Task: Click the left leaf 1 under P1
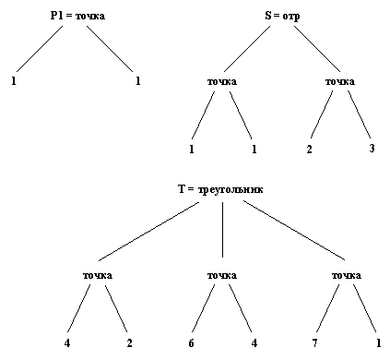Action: click(15, 82)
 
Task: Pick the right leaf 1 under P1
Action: click(137, 82)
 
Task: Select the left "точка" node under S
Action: click(222, 82)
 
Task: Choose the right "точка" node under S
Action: click(340, 82)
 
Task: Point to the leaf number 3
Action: click(370, 148)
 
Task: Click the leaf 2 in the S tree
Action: click(310, 148)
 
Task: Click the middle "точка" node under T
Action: click(222, 276)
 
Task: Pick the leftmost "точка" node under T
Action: click(97, 276)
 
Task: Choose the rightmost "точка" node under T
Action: click(345, 276)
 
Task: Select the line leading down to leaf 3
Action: click(358, 115)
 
